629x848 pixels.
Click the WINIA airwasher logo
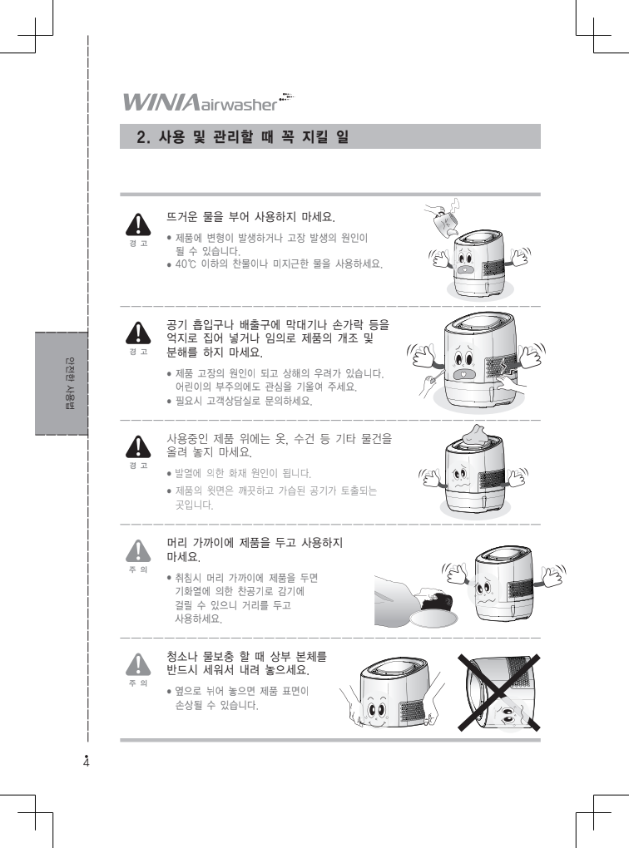pyautogui.click(x=209, y=101)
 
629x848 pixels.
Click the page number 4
pyautogui.click(x=86, y=762)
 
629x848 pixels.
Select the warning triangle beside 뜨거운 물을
pyautogui.click(x=139, y=225)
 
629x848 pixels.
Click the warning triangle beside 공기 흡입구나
pyautogui.click(x=139, y=333)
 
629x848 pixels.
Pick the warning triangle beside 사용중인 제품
pyautogui.click(x=139, y=446)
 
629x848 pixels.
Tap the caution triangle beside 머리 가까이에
pyautogui.click(x=139, y=551)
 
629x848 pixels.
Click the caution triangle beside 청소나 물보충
pyautogui.click(x=139, y=664)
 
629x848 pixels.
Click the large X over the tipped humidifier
pyautogui.click(x=498, y=693)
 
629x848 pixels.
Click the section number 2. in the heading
pyautogui.click(x=143, y=137)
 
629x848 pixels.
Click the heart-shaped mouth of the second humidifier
pyautogui.click(x=464, y=375)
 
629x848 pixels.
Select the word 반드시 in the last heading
pyautogui.click(x=182, y=671)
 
